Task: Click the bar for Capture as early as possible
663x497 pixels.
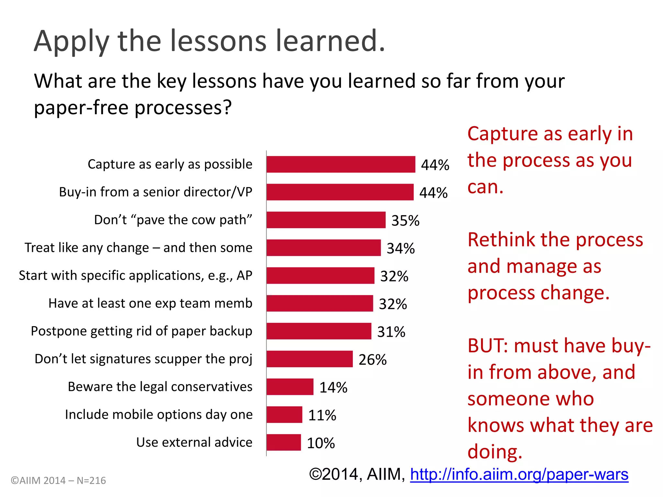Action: click(341, 164)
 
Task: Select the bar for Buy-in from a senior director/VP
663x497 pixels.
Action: click(340, 192)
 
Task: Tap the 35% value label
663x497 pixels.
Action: click(405, 221)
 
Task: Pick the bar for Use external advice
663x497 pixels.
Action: click(284, 442)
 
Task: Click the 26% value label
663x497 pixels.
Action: click(373, 360)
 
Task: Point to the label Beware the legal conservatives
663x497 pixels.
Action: click(160, 387)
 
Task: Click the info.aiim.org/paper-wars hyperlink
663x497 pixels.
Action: click(519, 474)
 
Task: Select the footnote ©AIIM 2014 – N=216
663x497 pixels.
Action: click(58, 480)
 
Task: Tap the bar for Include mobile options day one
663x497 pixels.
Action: click(285, 414)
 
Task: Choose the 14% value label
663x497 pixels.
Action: click(333, 388)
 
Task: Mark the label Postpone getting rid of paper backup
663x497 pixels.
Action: click(141, 331)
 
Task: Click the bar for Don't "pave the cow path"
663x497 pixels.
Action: click(326, 220)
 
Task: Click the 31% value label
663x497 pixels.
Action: click(391, 332)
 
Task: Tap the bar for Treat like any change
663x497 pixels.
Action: click(324, 248)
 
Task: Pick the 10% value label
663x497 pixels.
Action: click(321, 443)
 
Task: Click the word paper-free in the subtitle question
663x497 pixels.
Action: click(81, 107)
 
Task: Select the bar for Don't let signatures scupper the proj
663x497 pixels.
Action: click(309, 359)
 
